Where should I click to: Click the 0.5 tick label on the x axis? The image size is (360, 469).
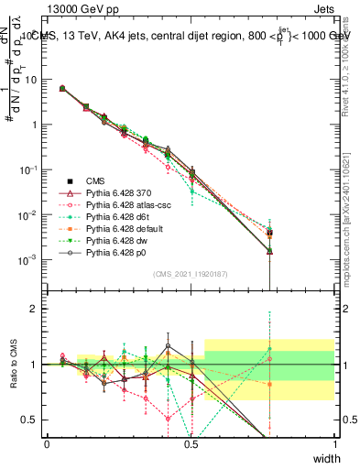click(191, 444)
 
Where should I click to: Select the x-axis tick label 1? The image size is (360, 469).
click(334, 444)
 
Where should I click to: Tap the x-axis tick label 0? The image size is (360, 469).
click(47, 444)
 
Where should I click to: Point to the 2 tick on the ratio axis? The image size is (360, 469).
click(37, 309)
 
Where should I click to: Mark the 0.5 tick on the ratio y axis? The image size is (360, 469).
click(32, 420)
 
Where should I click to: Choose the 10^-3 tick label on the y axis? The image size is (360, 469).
click(30, 260)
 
